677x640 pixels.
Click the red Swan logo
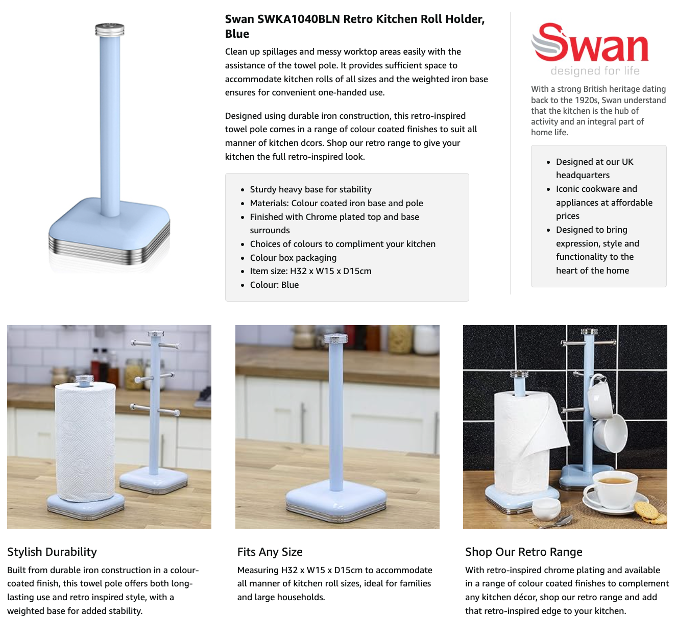point(590,43)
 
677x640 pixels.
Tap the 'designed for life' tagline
point(595,71)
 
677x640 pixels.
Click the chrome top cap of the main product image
point(110,30)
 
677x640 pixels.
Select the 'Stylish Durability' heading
point(52,552)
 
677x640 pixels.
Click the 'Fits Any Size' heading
point(270,552)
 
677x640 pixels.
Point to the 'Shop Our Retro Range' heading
point(523,552)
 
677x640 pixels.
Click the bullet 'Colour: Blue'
point(274,285)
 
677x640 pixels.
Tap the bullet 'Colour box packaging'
point(293,258)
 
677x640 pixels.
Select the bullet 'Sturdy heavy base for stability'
point(310,189)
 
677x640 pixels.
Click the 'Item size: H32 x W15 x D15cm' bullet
point(310,271)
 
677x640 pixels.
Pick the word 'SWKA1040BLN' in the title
point(298,19)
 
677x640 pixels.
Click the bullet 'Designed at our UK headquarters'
point(595,168)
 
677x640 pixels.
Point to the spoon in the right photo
point(557,522)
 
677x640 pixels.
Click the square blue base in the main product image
point(109,231)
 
